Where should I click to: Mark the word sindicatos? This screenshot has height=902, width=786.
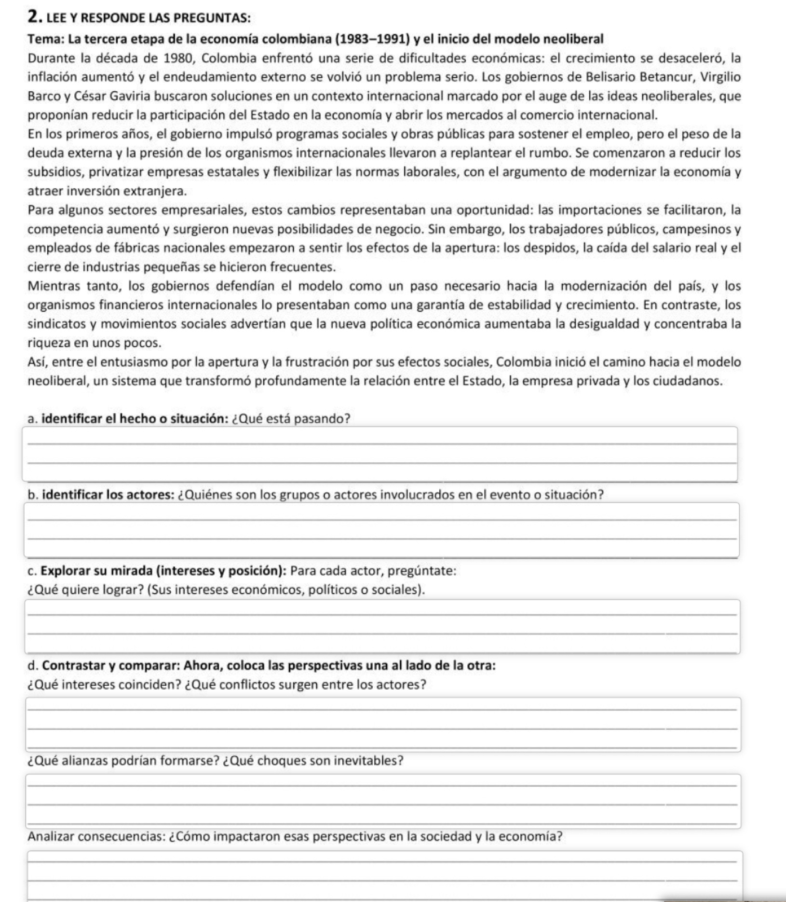(x=54, y=324)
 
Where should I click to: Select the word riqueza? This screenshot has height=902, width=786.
(x=47, y=343)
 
